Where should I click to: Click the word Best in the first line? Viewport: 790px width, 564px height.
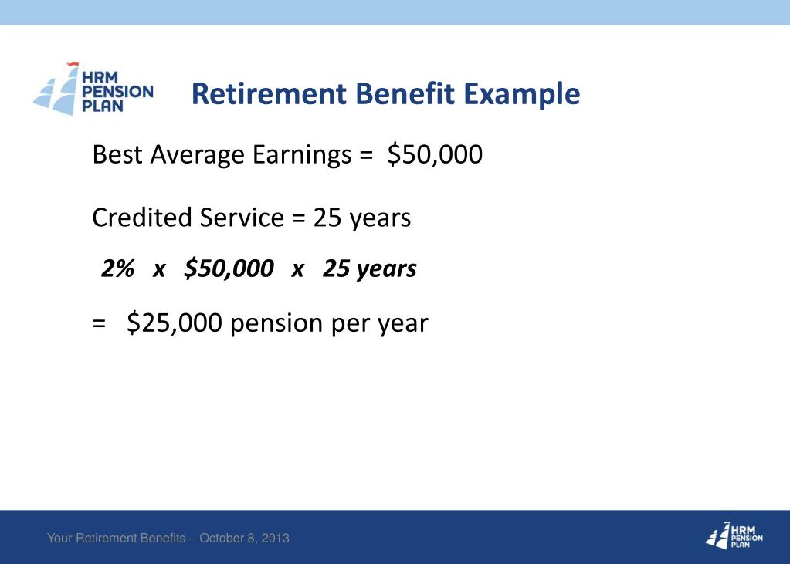click(x=117, y=155)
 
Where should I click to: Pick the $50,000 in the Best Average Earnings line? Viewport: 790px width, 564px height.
click(x=435, y=155)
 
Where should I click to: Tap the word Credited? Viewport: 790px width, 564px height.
click(x=142, y=218)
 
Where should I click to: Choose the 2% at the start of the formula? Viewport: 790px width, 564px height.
click(x=118, y=268)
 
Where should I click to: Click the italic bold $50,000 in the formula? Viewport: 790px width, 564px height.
click(x=229, y=268)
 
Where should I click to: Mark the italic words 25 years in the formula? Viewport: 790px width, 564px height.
click(x=369, y=268)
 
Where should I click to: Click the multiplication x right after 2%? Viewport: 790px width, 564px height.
click(x=160, y=269)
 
